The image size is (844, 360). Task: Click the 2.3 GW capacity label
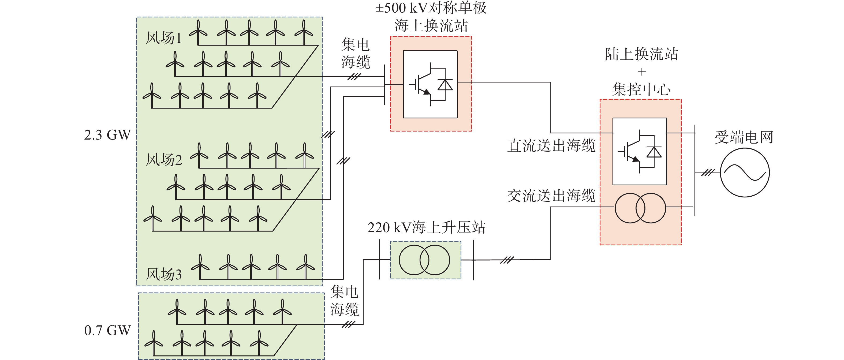[107, 135]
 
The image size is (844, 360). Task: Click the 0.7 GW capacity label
[107, 330]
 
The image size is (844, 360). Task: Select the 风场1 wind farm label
[163, 38]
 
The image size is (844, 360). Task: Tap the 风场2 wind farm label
[163, 160]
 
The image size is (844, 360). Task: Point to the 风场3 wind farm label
[163, 274]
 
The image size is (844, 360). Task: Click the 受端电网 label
[744, 137]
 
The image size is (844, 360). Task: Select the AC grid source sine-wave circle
[745, 172]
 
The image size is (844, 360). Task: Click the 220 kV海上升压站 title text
[426, 227]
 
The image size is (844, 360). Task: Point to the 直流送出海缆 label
[551, 145]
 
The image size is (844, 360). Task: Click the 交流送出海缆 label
[551, 196]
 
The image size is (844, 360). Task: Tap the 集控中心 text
[641, 89]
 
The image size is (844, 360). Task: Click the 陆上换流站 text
[641, 54]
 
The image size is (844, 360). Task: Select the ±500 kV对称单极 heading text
[431, 7]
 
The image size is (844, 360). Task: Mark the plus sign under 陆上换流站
[641, 72]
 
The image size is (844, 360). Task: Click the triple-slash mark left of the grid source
[708, 172]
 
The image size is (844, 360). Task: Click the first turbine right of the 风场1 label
[198, 32]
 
